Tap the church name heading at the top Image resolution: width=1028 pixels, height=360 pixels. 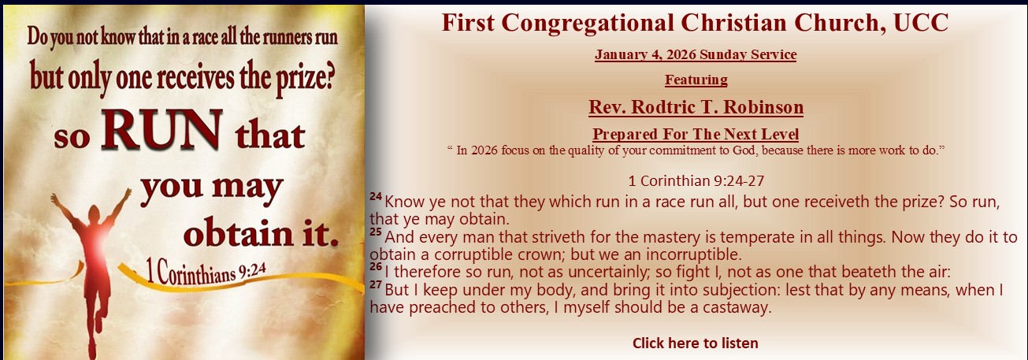pyautogui.click(x=696, y=23)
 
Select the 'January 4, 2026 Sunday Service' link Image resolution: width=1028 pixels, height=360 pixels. pyautogui.click(x=696, y=54)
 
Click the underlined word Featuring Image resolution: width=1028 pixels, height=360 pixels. pyautogui.click(x=696, y=80)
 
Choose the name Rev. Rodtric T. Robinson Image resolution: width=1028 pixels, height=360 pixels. pyautogui.click(x=696, y=107)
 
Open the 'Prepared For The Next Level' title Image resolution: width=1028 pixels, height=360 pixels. pyautogui.click(x=696, y=134)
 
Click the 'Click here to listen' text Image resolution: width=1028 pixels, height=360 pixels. pyautogui.click(x=696, y=343)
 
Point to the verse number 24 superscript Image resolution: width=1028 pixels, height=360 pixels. pyautogui.click(x=376, y=196)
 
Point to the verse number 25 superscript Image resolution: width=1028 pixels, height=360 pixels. pyautogui.click(x=376, y=232)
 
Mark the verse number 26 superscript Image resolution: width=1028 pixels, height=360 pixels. pyautogui.click(x=376, y=266)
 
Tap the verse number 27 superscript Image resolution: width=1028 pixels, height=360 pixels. pyautogui.click(x=376, y=284)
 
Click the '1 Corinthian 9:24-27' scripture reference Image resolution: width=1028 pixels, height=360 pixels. pyautogui.click(x=696, y=181)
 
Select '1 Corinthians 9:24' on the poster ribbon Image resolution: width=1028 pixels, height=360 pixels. pyautogui.click(x=206, y=273)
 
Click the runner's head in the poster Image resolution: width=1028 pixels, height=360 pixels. pyautogui.click(x=94, y=214)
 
